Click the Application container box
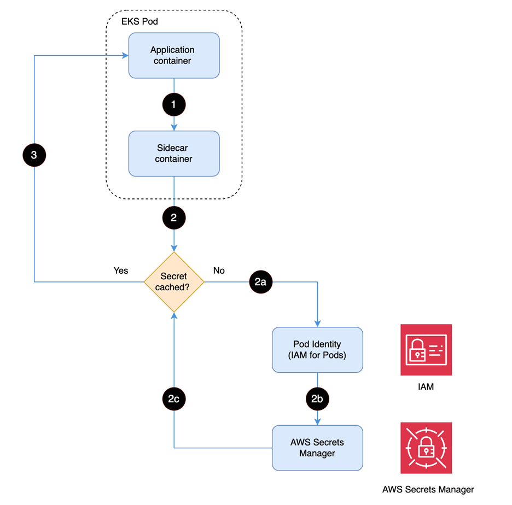coord(174,55)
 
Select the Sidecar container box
coord(174,154)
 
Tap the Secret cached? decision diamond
coord(174,282)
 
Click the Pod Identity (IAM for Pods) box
coord(317,350)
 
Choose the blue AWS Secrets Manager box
coord(317,448)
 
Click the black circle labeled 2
coord(174,218)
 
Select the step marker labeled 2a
coord(261,282)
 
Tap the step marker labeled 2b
coord(317,399)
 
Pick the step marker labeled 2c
coord(174,399)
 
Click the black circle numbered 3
coord(34,155)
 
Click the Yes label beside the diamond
coord(121,271)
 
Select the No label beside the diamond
coord(219,271)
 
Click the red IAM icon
coord(426,350)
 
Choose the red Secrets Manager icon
coord(426,448)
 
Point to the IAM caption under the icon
coord(426,387)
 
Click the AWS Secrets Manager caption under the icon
coord(428,489)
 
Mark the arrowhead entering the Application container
coord(125,55)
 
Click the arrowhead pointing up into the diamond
coord(174,316)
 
